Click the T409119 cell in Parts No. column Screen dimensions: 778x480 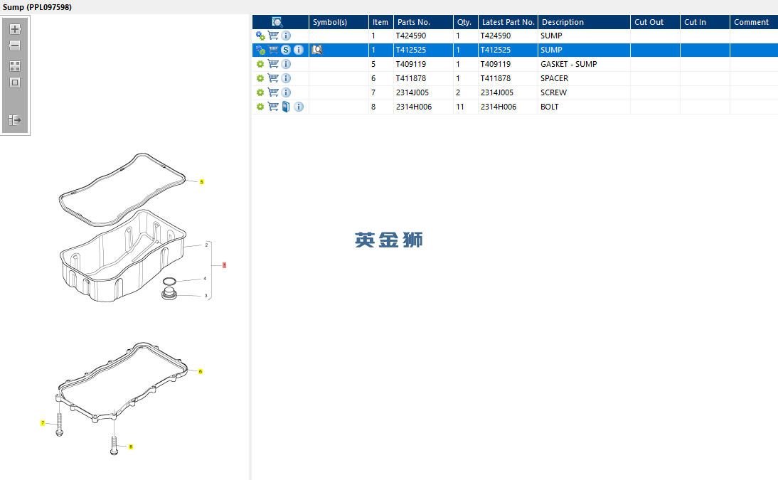point(411,64)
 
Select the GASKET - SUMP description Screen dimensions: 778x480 point(569,64)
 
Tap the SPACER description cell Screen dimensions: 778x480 point(554,78)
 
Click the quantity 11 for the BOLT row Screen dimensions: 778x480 point(460,107)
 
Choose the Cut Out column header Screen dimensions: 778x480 point(649,22)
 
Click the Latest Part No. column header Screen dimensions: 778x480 point(508,22)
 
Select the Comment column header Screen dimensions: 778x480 point(751,22)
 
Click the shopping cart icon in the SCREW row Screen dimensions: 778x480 point(273,92)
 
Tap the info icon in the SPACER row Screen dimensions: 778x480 point(286,78)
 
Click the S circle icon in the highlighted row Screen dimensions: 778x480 point(285,50)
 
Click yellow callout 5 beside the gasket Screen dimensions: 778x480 point(201,181)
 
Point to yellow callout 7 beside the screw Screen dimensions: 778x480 point(43,423)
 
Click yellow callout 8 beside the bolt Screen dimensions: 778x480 point(130,447)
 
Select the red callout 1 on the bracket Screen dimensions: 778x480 point(224,265)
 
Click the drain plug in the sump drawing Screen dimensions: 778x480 point(169,294)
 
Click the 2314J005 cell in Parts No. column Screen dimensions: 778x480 point(412,93)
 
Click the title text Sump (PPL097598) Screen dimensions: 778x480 point(37,7)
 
